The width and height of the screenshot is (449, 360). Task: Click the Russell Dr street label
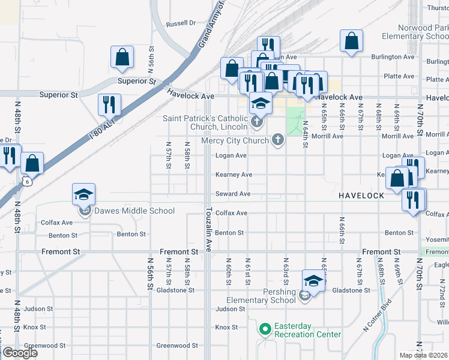click(181, 23)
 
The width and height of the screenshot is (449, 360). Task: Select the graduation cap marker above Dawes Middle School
click(84, 194)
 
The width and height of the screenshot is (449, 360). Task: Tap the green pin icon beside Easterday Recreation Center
click(265, 329)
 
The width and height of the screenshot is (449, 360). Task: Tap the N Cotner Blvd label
click(377, 316)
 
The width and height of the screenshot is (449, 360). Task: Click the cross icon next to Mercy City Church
click(277, 140)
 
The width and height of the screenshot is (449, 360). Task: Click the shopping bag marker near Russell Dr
click(122, 58)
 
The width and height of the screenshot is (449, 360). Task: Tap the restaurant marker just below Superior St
click(109, 105)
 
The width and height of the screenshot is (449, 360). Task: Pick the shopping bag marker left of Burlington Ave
click(352, 41)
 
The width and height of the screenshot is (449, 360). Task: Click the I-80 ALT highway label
click(101, 127)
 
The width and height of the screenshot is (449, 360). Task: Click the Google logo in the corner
click(20, 353)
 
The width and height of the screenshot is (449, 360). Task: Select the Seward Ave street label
click(233, 194)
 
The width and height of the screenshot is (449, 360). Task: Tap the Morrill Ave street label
click(327, 136)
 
